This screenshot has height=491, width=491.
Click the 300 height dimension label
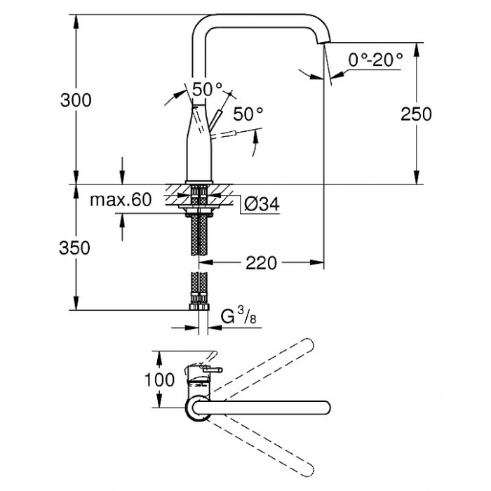(76, 100)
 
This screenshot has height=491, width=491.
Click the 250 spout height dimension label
(416, 114)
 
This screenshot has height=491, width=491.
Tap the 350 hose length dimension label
(74, 248)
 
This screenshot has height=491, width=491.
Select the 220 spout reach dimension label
(261, 263)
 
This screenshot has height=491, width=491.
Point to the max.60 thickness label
(121, 199)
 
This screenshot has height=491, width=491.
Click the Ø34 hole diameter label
(262, 205)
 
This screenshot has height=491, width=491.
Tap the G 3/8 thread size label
(238, 316)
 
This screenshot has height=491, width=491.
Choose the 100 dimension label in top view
(159, 379)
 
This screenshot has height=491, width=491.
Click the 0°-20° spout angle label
(375, 60)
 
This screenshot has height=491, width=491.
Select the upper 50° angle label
(207, 89)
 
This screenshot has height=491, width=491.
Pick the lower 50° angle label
(248, 114)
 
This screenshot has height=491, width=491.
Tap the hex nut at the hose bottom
(199, 307)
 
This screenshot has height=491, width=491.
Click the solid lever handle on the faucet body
(215, 119)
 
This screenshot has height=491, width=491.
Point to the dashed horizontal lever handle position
(222, 135)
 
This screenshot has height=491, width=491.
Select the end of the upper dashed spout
(308, 345)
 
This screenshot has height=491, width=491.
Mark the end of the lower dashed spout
(308, 470)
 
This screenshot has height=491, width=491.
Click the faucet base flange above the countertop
(199, 182)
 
